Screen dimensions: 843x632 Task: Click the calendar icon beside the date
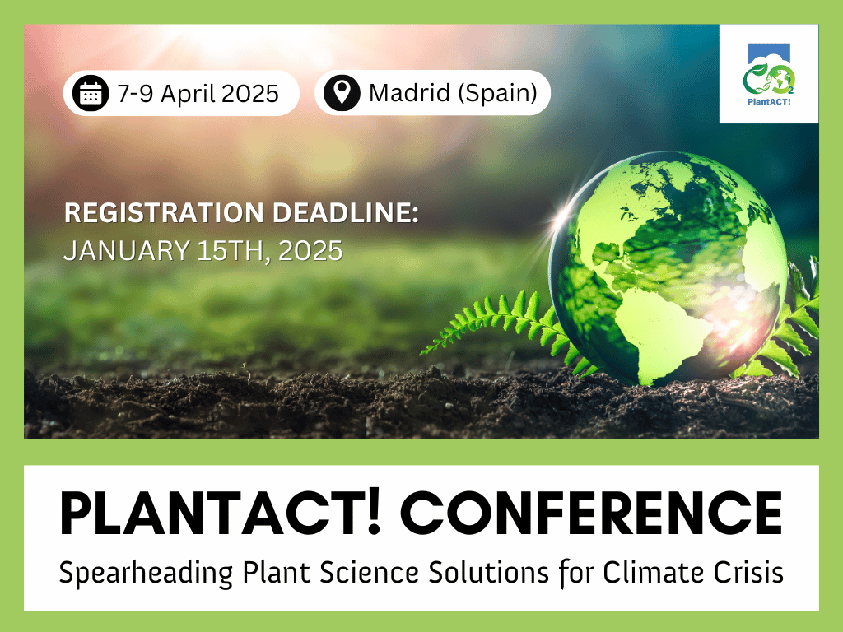(x=91, y=93)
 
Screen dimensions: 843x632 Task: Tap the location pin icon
(x=342, y=93)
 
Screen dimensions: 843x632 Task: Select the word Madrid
(x=409, y=93)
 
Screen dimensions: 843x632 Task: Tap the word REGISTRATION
(x=164, y=212)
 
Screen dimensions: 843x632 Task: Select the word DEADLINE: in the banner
(x=345, y=212)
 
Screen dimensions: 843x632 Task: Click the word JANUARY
(x=126, y=250)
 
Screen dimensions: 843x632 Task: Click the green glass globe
(x=668, y=269)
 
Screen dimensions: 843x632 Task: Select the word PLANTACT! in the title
(x=220, y=513)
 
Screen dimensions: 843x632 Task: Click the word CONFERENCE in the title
(x=591, y=513)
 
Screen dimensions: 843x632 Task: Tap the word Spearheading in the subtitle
(x=146, y=573)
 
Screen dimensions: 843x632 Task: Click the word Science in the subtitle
(x=369, y=572)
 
